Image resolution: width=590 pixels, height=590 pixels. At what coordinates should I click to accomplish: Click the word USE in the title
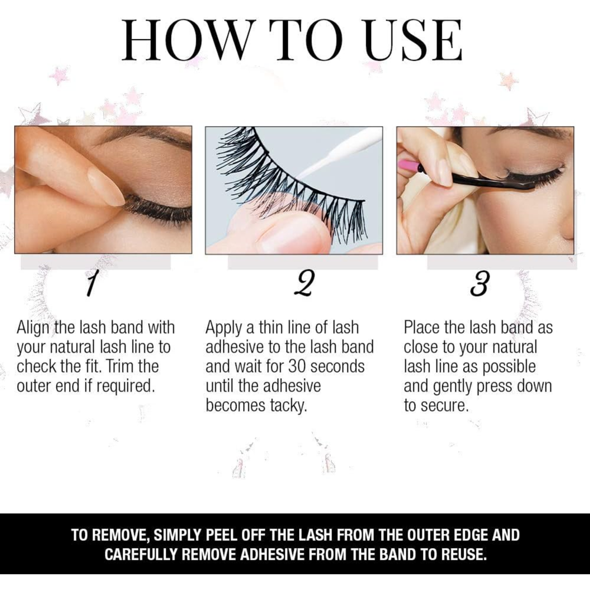[x=414, y=40]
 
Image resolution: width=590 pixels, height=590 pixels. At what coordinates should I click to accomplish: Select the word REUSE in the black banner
[x=462, y=554]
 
